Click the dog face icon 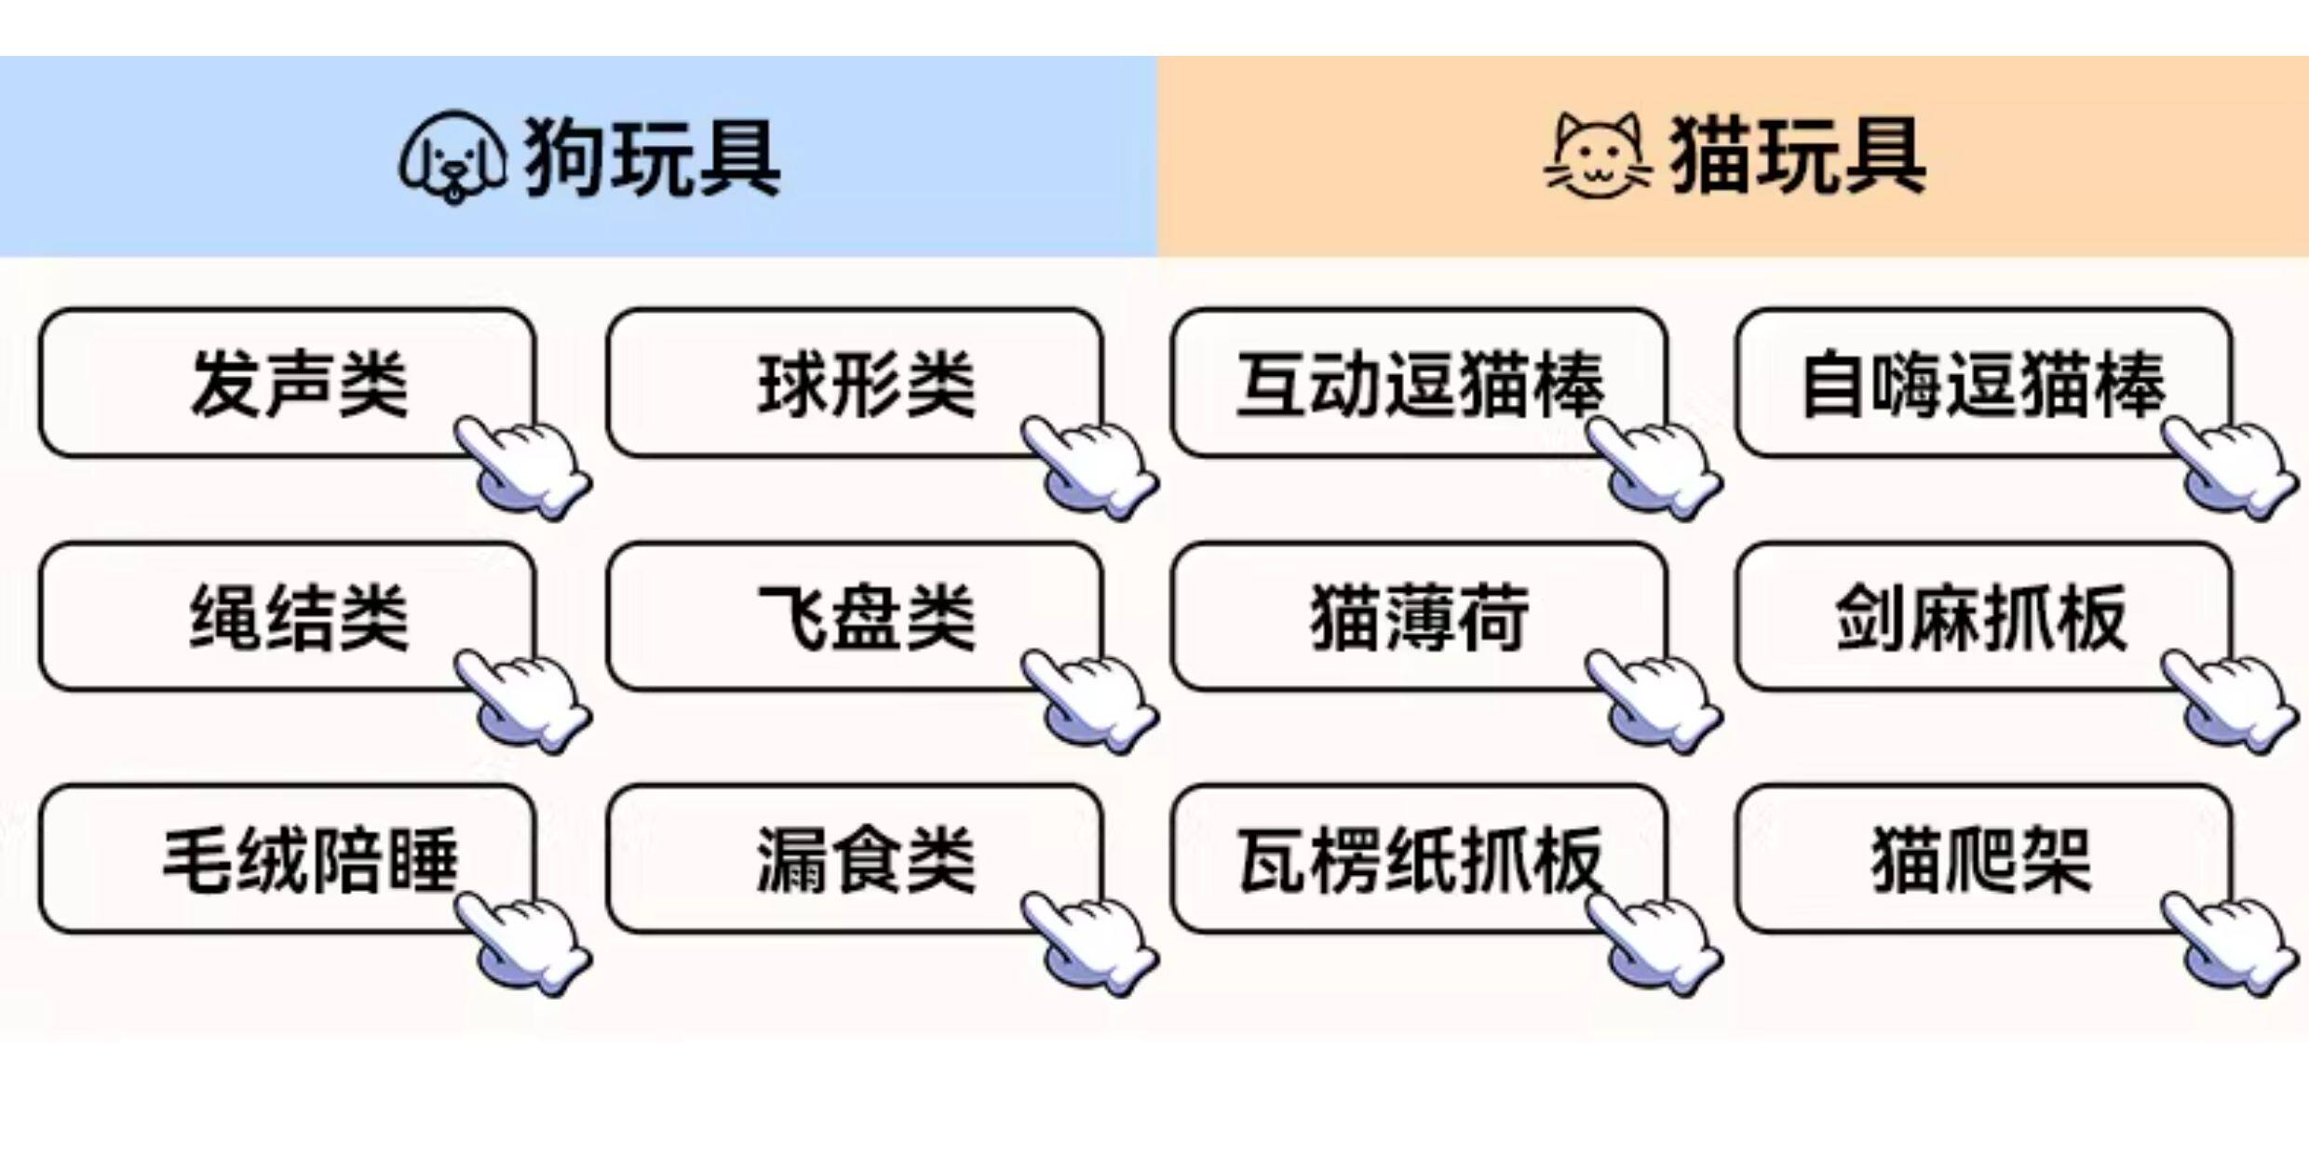click(452, 157)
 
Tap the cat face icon click(1598, 156)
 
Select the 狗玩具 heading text click(652, 157)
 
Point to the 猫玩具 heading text click(1797, 156)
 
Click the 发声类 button click(287, 383)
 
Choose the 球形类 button click(854, 383)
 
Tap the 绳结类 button click(287, 616)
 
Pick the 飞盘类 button click(854, 616)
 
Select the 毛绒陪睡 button click(287, 858)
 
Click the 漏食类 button click(854, 858)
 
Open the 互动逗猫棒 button click(1419, 383)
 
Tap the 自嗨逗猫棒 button click(1984, 383)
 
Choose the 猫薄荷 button click(1419, 616)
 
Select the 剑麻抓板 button click(1984, 616)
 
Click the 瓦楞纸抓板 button click(1419, 858)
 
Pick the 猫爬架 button click(1984, 858)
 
